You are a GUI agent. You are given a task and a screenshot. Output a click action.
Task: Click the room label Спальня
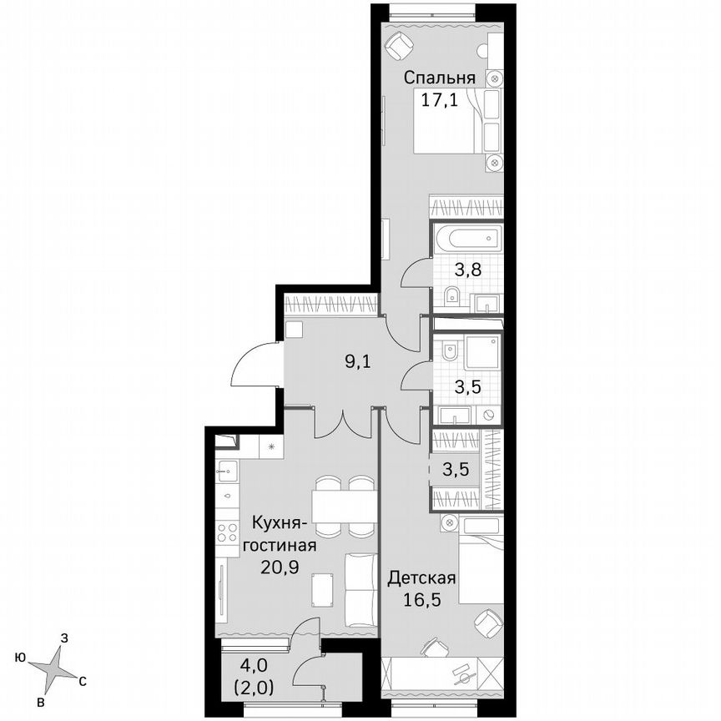(x=440, y=78)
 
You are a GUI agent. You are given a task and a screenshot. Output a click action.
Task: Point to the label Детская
(x=421, y=578)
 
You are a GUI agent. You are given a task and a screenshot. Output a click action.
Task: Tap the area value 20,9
(x=277, y=566)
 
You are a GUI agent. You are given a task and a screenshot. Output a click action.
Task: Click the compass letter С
(x=83, y=683)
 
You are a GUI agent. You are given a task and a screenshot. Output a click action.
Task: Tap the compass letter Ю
(x=19, y=658)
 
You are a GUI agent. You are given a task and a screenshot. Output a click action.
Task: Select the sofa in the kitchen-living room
(x=360, y=588)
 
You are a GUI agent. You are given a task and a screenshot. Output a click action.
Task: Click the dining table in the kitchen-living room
(x=343, y=506)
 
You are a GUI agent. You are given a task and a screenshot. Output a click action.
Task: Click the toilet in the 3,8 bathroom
(x=452, y=294)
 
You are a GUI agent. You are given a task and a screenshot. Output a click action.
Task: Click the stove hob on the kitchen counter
(x=226, y=532)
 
